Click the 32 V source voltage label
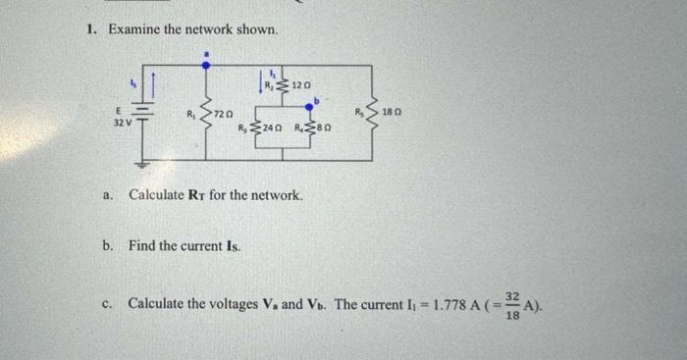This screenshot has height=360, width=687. coord(121,124)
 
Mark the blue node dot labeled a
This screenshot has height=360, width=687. coord(205,65)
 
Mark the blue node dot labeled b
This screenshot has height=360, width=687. coord(311,104)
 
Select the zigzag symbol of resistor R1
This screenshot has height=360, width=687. coord(205,112)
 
